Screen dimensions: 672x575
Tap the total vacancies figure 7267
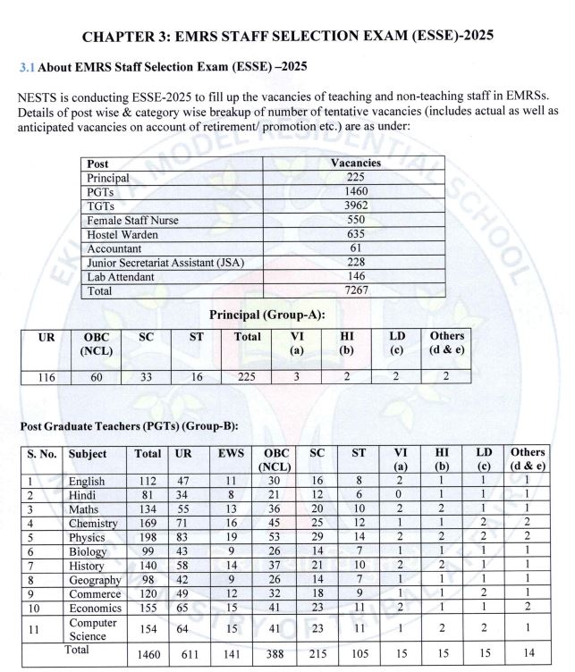[355, 290]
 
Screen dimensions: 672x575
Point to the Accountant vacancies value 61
[355, 248]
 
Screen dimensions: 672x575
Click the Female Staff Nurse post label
[132, 221]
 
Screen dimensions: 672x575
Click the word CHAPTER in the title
[120, 37]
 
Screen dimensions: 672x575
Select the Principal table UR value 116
[47, 377]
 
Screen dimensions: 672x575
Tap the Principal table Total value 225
[247, 377]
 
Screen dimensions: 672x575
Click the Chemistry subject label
[93, 523]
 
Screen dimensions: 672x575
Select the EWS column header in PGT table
[232, 453]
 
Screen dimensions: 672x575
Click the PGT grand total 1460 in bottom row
[148, 655]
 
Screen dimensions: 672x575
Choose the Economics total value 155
[148, 608]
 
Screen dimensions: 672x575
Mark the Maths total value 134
[148, 508]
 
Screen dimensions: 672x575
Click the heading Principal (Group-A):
[266, 315]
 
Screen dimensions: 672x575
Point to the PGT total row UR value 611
[188, 655]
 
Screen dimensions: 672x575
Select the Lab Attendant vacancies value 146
[355, 277]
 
